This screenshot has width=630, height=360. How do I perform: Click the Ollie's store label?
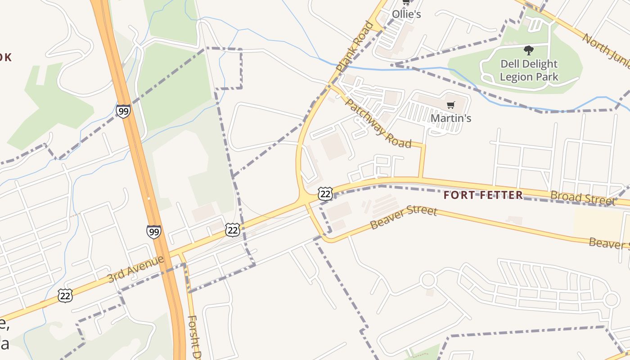[x=406, y=14]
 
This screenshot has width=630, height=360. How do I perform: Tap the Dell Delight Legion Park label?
[x=529, y=70]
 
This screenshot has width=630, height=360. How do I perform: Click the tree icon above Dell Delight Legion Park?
[x=529, y=50]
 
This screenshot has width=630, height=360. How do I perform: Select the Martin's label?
[x=451, y=118]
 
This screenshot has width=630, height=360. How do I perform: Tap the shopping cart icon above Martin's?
[x=450, y=105]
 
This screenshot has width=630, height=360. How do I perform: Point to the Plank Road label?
[x=355, y=46]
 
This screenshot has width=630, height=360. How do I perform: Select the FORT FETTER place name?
[x=483, y=195]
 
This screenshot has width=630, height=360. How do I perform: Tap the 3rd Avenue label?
[x=136, y=269]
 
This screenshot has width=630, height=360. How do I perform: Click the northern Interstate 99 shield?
[x=123, y=111]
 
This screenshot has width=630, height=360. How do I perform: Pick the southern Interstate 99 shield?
[x=154, y=232]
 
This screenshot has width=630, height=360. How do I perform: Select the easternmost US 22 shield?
[x=325, y=193]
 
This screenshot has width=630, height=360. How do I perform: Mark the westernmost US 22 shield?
[x=65, y=296]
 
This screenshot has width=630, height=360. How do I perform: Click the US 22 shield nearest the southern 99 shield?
[x=233, y=230]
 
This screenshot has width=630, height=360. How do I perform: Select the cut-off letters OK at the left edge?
[x=5, y=57]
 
